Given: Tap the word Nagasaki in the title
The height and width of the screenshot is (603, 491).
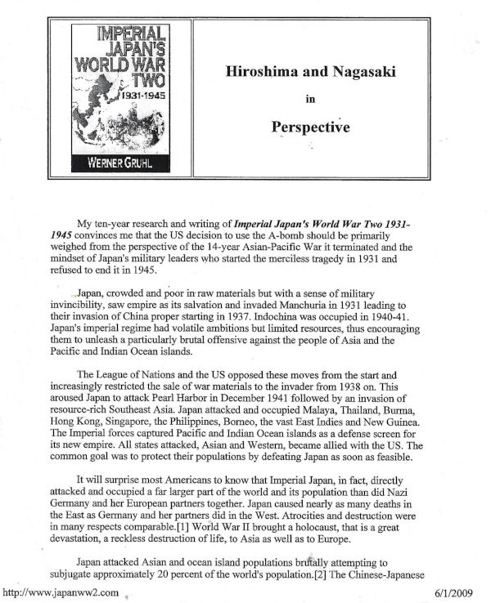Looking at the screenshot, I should pyautogui.click(x=352, y=71).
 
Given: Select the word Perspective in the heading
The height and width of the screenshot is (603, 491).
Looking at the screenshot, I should pyautogui.click(x=310, y=127).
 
